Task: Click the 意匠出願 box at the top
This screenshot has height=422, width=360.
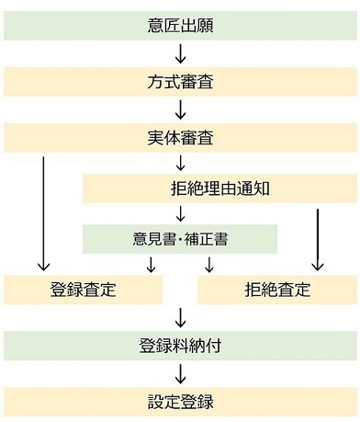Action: click(180, 25)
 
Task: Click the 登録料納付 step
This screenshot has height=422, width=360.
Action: click(180, 347)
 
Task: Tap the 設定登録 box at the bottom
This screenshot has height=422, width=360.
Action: click(180, 402)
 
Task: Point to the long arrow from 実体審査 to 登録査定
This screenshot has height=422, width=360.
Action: click(43, 213)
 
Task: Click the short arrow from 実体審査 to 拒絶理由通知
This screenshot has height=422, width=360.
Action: click(180, 164)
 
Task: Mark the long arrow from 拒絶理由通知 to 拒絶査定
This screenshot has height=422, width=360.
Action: click(318, 239)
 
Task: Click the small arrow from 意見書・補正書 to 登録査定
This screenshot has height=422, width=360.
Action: click(151, 265)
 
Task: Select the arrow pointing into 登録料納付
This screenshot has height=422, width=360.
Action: click(180, 318)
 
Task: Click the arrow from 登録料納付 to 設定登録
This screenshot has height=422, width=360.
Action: click(180, 374)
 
